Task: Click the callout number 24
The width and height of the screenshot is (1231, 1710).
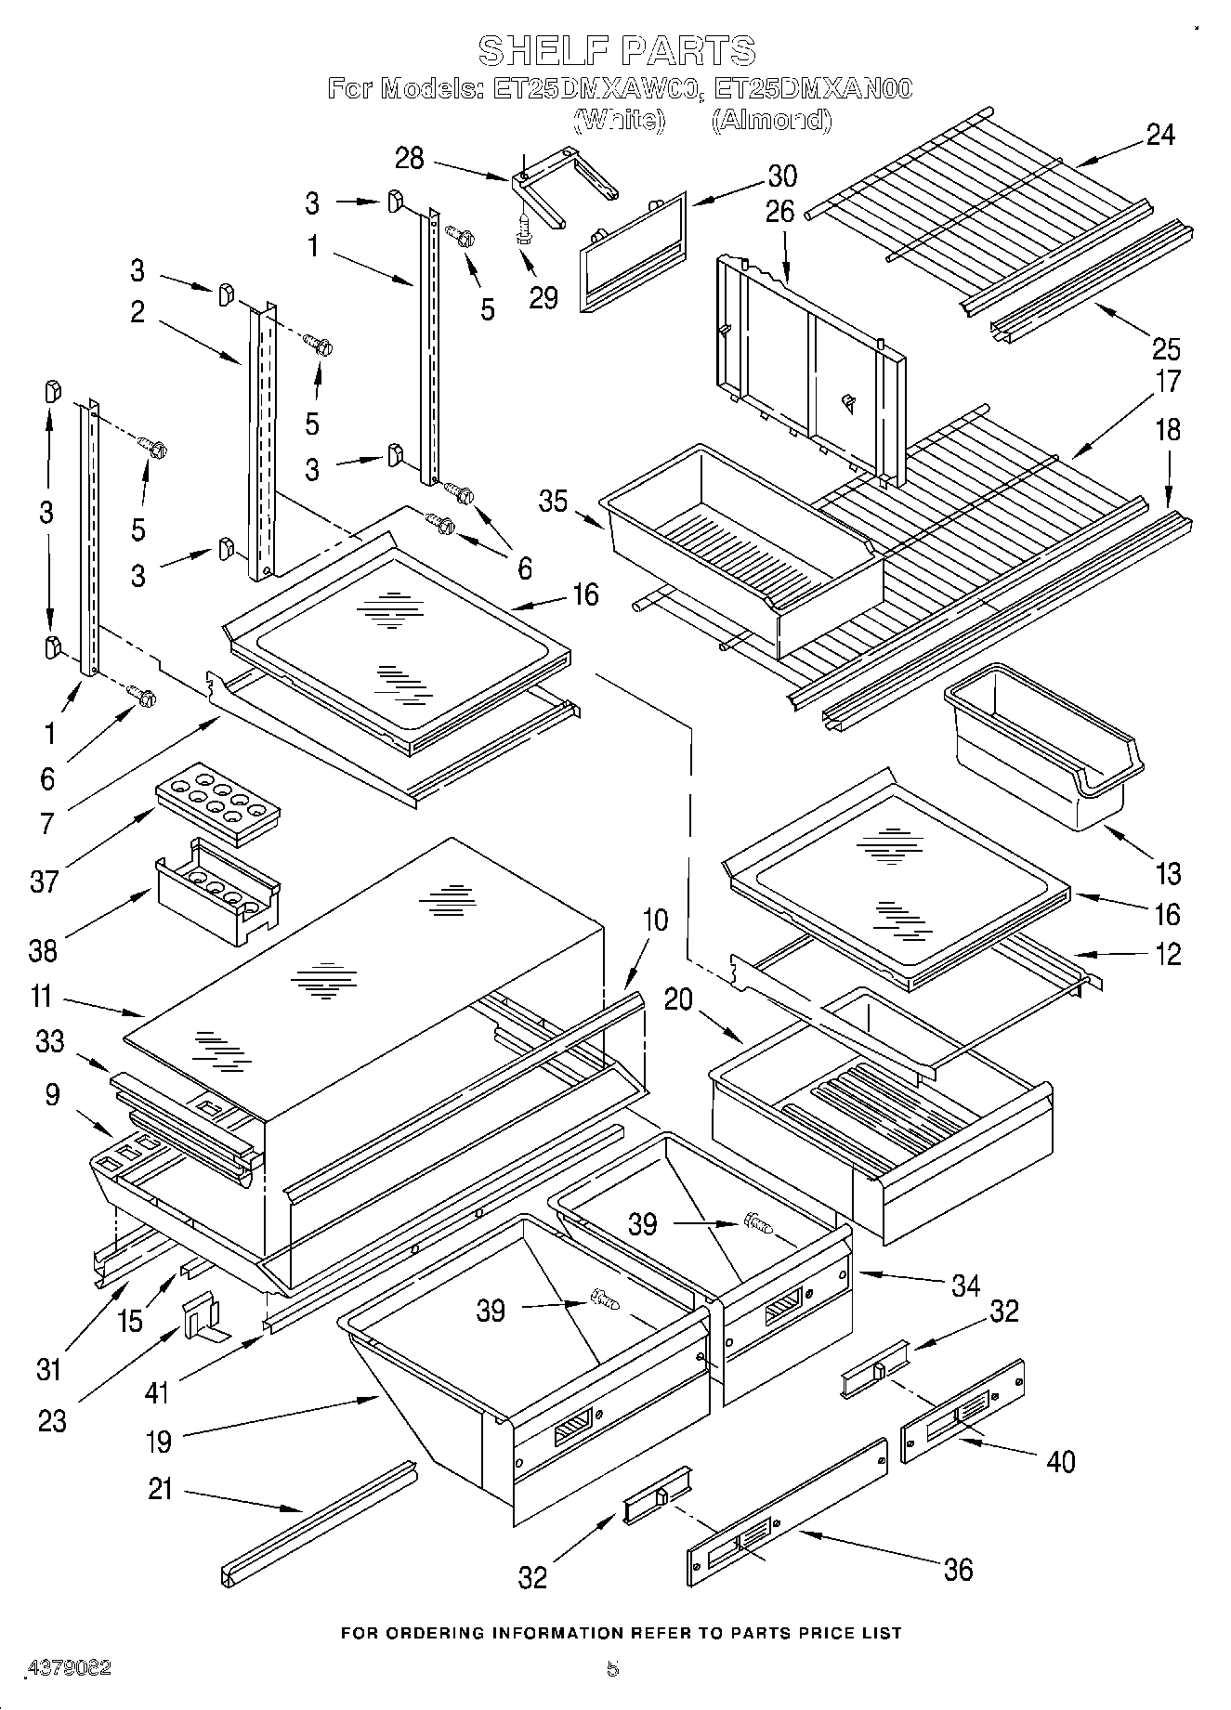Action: pyautogui.click(x=1159, y=135)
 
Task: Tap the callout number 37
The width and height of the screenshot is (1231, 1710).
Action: pyautogui.click(x=45, y=881)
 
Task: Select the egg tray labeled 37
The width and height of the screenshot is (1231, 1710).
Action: pyautogui.click(x=218, y=803)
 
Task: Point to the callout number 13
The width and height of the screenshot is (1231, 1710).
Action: pyautogui.click(x=1168, y=873)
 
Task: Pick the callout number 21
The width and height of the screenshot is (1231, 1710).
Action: pyautogui.click(x=161, y=1489)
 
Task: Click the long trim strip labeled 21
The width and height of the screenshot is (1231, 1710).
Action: pyautogui.click(x=319, y=1523)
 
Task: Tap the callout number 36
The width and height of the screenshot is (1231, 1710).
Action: pyautogui.click(x=957, y=1569)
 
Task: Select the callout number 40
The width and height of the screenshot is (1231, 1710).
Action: pyautogui.click(x=1060, y=1461)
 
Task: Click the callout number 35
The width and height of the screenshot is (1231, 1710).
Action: pyautogui.click(x=553, y=502)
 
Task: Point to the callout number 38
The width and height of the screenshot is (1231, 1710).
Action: pyautogui.click(x=44, y=950)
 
